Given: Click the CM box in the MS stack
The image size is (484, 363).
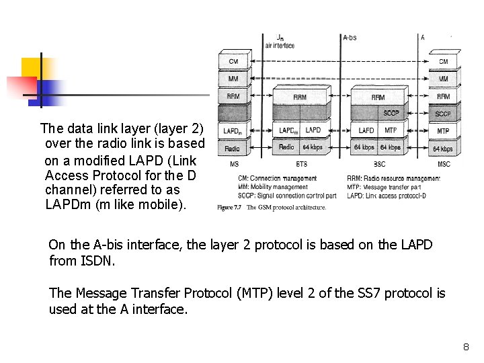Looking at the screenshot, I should (x=233, y=61).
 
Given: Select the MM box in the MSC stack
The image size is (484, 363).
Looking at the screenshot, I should (x=444, y=79).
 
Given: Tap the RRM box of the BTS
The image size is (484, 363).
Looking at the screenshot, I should (x=300, y=97).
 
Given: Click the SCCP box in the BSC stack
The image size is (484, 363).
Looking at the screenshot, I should (x=391, y=113).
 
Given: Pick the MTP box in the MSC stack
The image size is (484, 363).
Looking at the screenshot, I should (x=443, y=130).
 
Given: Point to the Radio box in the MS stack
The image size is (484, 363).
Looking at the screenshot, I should (x=233, y=148).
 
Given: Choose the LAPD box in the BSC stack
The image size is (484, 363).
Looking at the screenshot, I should (x=366, y=130).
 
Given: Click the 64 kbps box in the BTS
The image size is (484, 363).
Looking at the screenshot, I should (x=313, y=147).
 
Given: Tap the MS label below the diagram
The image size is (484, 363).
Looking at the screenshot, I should (x=233, y=164).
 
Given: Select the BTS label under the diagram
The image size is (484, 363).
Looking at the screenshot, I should (x=302, y=164).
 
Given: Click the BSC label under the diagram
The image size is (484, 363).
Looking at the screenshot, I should (x=378, y=164).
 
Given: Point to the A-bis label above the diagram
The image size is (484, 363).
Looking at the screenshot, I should (x=350, y=38).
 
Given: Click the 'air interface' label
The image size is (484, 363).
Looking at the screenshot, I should (x=280, y=46).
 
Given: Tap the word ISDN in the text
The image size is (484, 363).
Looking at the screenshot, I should (x=99, y=261).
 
